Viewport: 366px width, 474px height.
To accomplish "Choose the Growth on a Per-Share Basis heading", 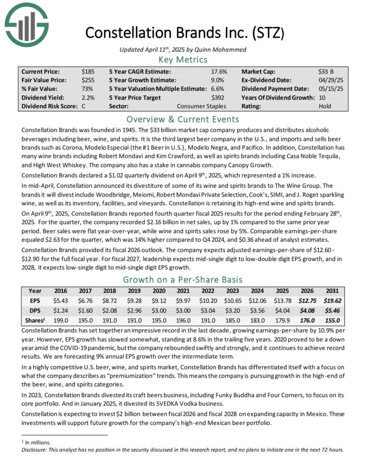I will tap(183, 280).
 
